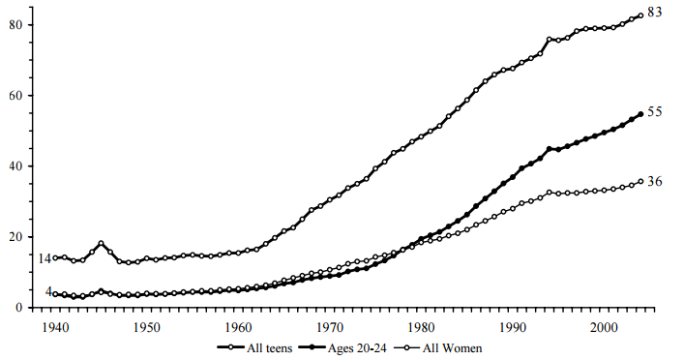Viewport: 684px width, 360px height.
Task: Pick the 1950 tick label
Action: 147,326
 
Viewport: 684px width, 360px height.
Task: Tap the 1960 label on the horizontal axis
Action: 238,326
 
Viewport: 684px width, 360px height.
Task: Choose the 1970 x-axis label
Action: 330,326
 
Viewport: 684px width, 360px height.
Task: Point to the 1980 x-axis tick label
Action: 422,326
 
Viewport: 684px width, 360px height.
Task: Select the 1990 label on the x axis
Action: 513,326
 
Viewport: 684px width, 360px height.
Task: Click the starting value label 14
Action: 45,258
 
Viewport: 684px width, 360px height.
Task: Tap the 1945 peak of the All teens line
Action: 101,243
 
